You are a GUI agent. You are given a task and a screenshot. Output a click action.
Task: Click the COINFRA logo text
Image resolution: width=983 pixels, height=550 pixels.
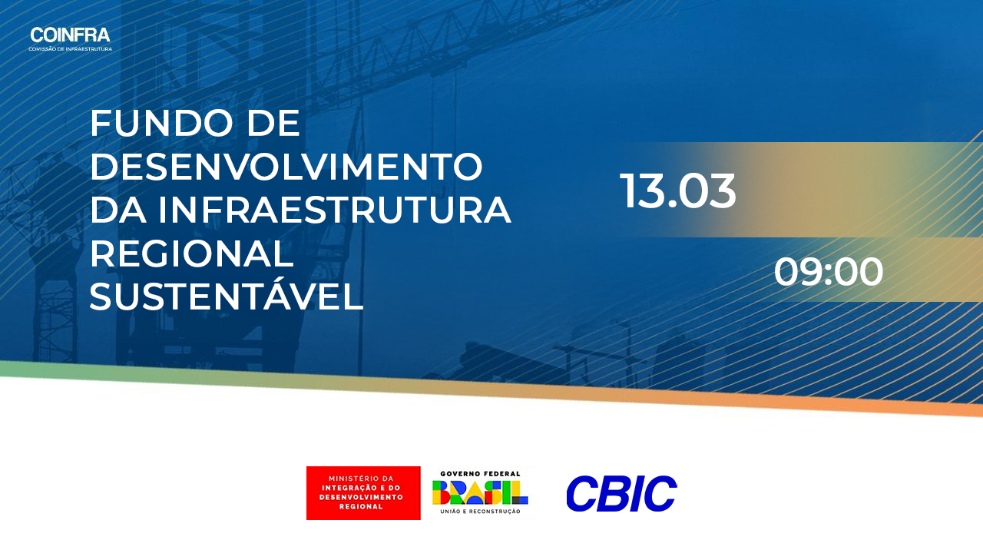point(70,35)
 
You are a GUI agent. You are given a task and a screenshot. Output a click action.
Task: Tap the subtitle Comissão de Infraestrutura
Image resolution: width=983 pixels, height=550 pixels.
point(70,49)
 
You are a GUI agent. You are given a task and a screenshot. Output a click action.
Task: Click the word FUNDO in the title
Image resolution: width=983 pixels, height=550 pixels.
point(161,124)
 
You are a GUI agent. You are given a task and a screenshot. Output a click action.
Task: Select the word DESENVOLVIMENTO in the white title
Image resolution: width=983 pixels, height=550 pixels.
point(286,167)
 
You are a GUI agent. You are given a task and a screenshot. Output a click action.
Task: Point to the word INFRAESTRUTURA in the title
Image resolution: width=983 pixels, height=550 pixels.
point(334,210)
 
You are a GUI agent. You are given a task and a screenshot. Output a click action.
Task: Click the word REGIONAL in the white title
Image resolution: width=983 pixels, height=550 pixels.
point(192,253)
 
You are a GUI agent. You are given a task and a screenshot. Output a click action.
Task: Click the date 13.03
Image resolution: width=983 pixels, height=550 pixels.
point(677,191)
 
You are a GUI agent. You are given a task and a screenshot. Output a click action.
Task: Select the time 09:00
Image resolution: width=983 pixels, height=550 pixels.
point(829,272)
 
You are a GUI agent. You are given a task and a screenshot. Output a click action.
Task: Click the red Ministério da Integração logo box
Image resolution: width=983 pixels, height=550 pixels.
point(363,493)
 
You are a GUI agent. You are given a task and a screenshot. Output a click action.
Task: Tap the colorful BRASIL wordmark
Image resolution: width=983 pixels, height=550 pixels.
point(480,492)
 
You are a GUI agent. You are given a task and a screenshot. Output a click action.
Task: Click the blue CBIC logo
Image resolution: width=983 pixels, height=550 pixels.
point(621,493)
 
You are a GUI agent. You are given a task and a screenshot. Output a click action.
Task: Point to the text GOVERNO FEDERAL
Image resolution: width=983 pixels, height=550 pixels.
point(480,474)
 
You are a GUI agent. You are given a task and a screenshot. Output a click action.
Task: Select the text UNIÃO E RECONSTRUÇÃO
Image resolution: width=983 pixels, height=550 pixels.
point(480,512)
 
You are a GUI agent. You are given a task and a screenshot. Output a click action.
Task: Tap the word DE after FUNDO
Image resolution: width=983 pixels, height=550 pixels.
point(273,124)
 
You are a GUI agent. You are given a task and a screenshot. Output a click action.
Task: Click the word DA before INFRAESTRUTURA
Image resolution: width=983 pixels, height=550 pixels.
point(117,210)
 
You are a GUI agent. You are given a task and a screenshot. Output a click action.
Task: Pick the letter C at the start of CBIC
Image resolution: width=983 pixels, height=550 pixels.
point(582,493)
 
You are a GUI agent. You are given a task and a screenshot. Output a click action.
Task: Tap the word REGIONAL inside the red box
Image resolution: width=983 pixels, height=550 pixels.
point(361,506)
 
